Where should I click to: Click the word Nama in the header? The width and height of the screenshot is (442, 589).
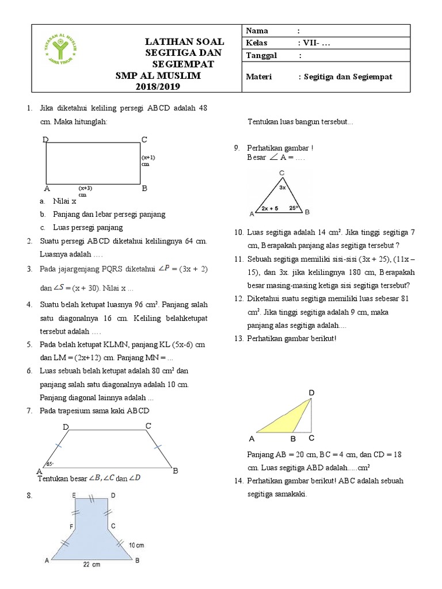tap(257, 30)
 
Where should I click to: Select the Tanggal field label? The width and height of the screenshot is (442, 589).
tap(262, 56)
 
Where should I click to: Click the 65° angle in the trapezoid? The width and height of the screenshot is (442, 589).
tap(49, 463)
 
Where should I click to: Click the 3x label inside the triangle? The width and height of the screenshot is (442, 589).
tap(282, 187)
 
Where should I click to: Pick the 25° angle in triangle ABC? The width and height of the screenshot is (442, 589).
tap(294, 208)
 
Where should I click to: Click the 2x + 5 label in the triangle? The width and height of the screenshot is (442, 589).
tap(269, 208)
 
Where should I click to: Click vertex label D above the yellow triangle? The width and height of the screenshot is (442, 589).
tap(311, 392)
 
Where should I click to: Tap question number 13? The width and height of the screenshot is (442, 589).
tap(239, 338)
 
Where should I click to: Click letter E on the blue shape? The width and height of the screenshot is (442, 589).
tap(74, 495)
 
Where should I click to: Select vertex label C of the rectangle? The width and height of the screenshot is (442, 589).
tap(144, 139)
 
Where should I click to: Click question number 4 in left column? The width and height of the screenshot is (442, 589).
tap(28, 304)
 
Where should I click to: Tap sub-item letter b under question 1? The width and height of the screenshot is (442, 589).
tap(42, 214)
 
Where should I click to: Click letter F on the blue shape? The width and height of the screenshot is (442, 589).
tap(71, 526)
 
